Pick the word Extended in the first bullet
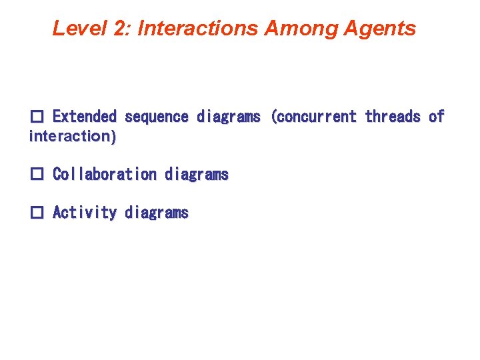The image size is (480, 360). point(84,117)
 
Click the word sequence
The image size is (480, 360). point(157,117)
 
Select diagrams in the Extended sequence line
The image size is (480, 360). point(229,117)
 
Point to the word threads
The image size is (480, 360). point(393,117)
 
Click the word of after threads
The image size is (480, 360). point(437,117)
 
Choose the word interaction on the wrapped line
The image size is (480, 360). point(69,136)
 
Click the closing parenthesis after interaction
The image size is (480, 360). point(113,136)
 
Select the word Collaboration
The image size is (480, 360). point(105,175)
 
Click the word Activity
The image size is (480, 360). point(85,213)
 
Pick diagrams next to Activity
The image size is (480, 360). point(157,213)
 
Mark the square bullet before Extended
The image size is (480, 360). point(37,117)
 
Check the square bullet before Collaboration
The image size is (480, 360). point(37,175)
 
